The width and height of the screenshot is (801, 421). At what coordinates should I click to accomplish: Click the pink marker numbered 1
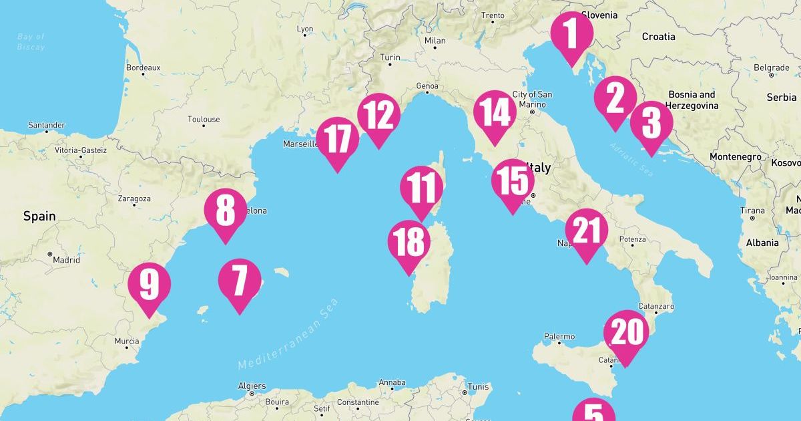pyautogui.click(x=571, y=35)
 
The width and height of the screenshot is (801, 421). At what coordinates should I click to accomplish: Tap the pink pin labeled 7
pyautogui.click(x=240, y=281)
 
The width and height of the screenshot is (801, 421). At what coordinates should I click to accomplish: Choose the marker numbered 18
pyautogui.click(x=408, y=243)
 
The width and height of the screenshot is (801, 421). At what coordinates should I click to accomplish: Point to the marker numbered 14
pyautogui.click(x=495, y=113)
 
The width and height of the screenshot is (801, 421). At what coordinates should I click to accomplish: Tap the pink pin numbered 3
pyautogui.click(x=650, y=124)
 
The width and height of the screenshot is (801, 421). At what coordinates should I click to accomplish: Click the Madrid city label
pyautogui.click(x=66, y=260)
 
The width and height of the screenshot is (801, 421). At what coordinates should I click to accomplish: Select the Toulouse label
pyautogui.click(x=204, y=120)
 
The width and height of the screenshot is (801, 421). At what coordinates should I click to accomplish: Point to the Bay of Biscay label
pyautogui.click(x=31, y=41)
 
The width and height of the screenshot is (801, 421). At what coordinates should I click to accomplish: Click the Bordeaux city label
pyautogui.click(x=143, y=67)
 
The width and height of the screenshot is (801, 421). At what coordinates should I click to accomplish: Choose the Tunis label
pyautogui.click(x=478, y=387)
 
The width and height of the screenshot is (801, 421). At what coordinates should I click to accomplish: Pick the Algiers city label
pyautogui.click(x=252, y=386)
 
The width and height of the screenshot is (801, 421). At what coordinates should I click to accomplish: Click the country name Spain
pyautogui.click(x=39, y=217)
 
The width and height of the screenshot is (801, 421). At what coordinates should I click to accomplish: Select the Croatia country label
pyautogui.click(x=658, y=37)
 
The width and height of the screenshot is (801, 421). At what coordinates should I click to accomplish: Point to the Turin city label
pyautogui.click(x=390, y=57)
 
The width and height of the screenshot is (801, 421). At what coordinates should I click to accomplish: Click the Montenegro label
pyautogui.click(x=734, y=156)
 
